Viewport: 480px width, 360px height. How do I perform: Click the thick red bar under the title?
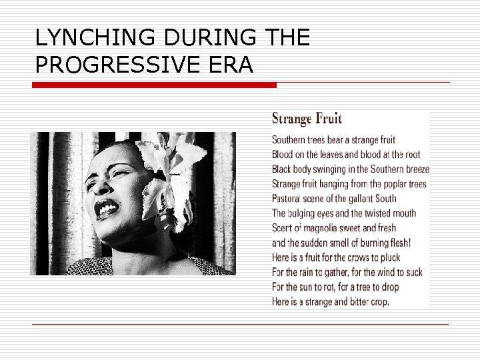(155, 85)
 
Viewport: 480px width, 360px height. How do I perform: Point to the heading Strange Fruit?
(307, 119)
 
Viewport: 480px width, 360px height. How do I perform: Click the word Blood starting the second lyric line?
(283, 155)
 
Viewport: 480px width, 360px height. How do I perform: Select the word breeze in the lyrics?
(416, 169)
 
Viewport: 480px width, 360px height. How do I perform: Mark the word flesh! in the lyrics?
(398, 243)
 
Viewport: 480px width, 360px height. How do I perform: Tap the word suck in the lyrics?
(413, 272)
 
